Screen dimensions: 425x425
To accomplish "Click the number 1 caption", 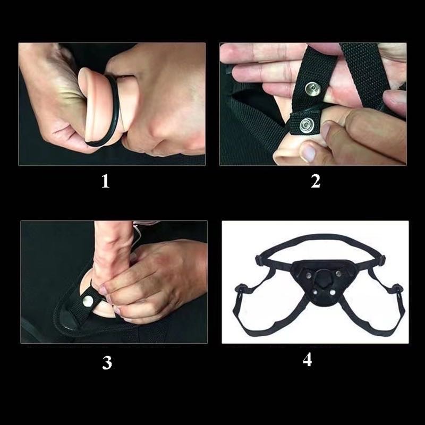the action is pyautogui.click(x=105, y=181).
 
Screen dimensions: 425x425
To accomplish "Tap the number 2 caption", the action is pyautogui.click(x=316, y=181).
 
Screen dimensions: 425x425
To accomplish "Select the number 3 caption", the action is pyautogui.click(x=107, y=363).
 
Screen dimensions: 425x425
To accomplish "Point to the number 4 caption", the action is pyautogui.click(x=308, y=360).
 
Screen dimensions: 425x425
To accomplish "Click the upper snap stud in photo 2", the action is pyautogui.click(x=313, y=89).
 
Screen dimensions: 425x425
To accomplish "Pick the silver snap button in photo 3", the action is pyautogui.click(x=88, y=301).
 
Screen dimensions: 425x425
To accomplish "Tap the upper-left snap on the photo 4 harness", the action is pyautogui.click(x=309, y=275).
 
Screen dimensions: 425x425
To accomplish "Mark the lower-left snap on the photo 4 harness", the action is pyautogui.click(x=315, y=293).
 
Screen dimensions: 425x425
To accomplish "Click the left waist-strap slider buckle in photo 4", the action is pyautogui.click(x=259, y=260).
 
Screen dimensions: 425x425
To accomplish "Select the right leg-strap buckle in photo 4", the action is pyautogui.click(x=397, y=288).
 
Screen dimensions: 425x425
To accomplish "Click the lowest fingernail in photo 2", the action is pyautogui.click(x=308, y=152).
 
